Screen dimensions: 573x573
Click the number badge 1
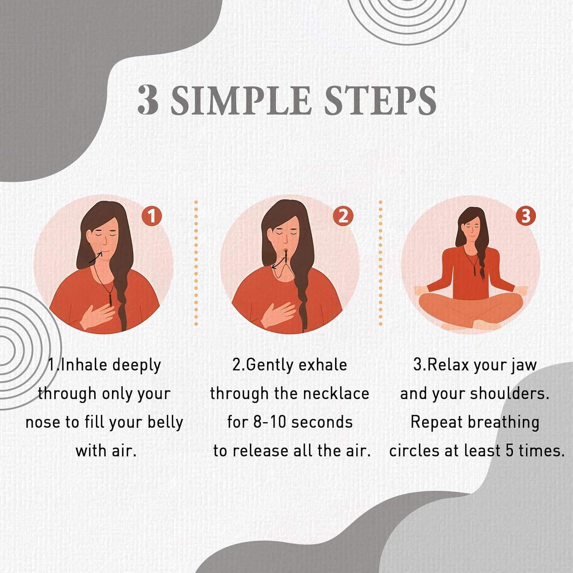click(x=152, y=216)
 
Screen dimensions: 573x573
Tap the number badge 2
click(x=343, y=216)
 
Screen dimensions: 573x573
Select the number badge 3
click(x=526, y=216)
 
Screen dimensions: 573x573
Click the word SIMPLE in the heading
click(x=241, y=100)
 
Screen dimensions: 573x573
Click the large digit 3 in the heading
click(x=148, y=100)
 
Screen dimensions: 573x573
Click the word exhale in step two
click(x=322, y=365)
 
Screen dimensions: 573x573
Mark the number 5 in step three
click(x=510, y=451)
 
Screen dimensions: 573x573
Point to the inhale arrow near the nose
click(x=95, y=258)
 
